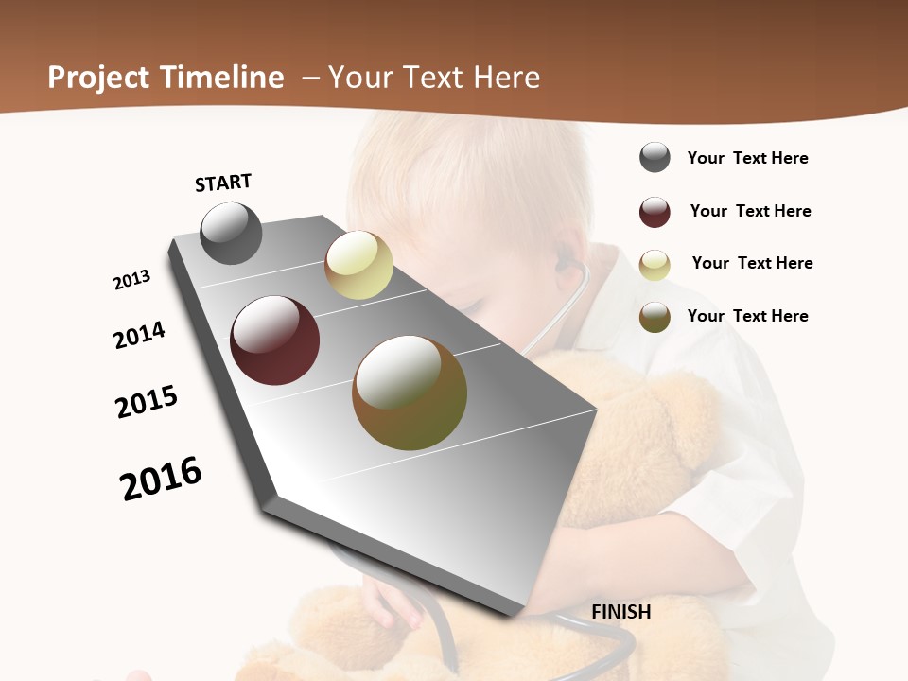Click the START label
pos(223,183)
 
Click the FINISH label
pos(621,612)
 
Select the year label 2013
pos(131,280)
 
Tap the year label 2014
pos(139,335)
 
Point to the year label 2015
pos(147,402)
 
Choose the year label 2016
pos(161,479)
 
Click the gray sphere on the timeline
pos(231,233)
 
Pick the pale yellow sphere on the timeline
pos(358,266)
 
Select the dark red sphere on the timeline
pos(274,340)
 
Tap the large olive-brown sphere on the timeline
pos(410,393)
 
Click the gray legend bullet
pos(655,158)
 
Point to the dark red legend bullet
pos(655,212)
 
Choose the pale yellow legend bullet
pos(655,265)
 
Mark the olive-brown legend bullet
pos(655,317)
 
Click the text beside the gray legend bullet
pos(747,158)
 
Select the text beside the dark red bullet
pos(750,211)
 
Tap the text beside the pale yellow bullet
pos(752,263)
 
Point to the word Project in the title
pos(98,78)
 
